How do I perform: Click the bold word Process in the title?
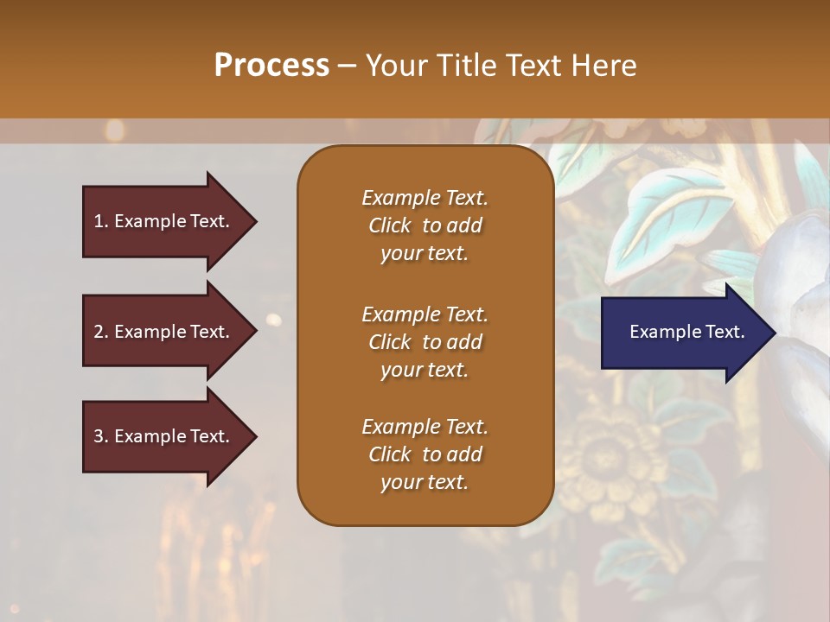click(x=271, y=66)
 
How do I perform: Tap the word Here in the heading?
click(x=603, y=66)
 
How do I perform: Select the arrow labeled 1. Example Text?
click(x=164, y=221)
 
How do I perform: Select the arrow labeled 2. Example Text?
click(x=164, y=332)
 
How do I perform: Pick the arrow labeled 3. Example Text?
click(x=164, y=436)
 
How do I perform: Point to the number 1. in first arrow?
click(x=100, y=221)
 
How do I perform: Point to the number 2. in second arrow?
click(x=100, y=332)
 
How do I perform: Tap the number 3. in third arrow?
click(x=100, y=436)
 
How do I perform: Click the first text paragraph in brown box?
click(x=425, y=225)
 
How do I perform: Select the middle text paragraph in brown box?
click(x=425, y=342)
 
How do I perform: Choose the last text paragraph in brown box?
click(x=425, y=454)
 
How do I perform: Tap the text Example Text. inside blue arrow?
click(x=686, y=332)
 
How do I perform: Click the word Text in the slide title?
click(x=531, y=66)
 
